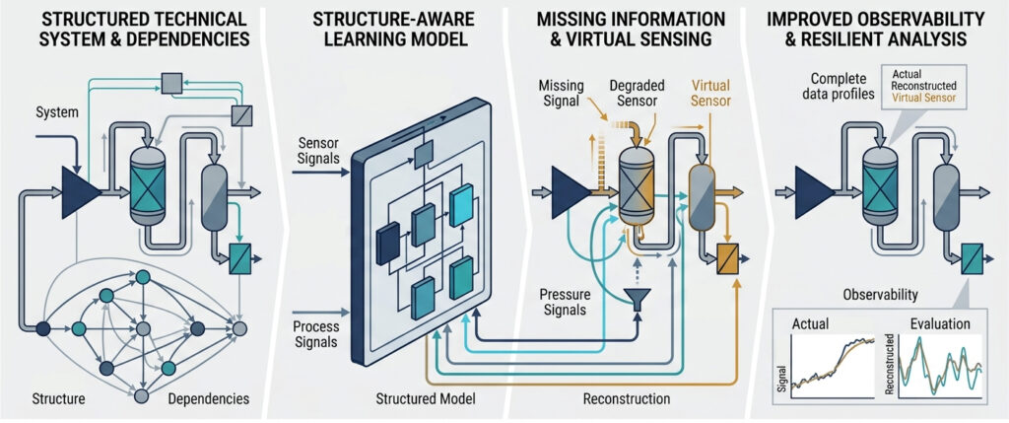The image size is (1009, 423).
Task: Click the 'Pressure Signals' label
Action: point(567,302)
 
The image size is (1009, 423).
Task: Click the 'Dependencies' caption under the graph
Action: point(209,398)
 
